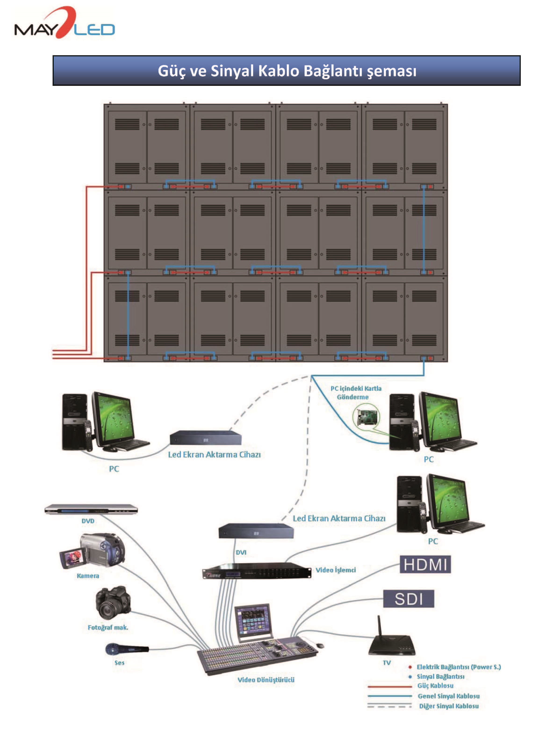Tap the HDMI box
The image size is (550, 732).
click(x=425, y=564)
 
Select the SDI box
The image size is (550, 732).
click(x=408, y=599)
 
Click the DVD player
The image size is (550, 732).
click(x=91, y=510)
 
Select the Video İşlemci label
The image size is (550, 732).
click(x=335, y=570)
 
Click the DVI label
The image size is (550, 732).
click(x=241, y=552)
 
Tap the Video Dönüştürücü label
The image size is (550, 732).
click(x=266, y=680)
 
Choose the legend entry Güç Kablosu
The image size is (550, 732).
click(x=435, y=686)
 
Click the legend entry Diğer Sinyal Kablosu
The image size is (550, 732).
click(x=449, y=706)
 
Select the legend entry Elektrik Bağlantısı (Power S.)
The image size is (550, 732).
click(x=458, y=667)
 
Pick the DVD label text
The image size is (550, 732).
click(x=88, y=521)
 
